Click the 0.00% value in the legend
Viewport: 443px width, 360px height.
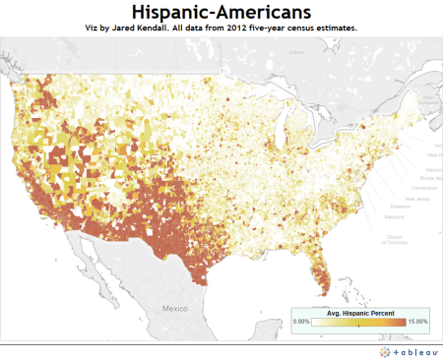pos(302,322)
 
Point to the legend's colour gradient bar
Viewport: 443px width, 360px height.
pos(359,322)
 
